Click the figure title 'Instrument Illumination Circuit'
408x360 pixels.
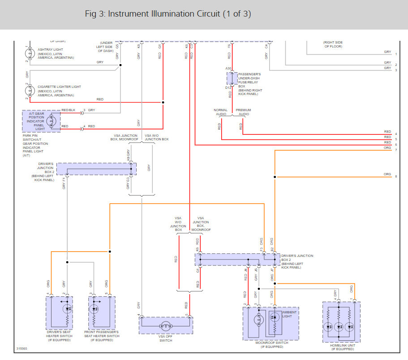[168, 14]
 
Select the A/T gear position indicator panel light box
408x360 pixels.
[41, 121]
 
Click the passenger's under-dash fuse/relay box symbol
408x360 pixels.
[232, 78]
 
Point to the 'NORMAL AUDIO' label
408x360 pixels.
[221, 112]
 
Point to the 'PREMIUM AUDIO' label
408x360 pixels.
[243, 112]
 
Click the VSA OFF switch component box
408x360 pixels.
[165, 325]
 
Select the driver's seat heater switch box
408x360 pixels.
[59, 312]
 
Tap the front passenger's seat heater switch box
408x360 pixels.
[99, 312]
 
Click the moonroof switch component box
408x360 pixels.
[271, 324]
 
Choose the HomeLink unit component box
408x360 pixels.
[341, 322]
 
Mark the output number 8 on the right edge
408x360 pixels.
[396, 177]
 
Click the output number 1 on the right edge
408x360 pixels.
[396, 54]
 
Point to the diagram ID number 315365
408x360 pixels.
[21, 348]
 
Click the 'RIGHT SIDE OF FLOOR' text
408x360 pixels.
[333, 44]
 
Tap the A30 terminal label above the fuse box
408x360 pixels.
[228, 69]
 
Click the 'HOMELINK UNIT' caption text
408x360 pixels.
[342, 345]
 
